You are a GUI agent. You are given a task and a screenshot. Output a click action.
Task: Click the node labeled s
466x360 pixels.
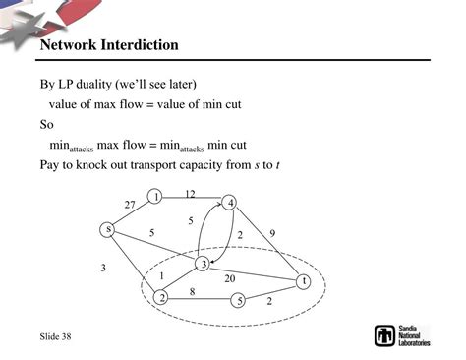point(108,229)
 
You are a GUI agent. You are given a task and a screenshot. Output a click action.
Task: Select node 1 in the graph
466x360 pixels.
point(155,197)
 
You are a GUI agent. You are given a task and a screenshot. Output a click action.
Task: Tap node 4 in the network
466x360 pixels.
point(230,204)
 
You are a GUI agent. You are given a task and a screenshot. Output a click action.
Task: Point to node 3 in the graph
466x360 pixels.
point(202,263)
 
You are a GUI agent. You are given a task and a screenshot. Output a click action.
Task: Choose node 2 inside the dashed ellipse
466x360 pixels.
point(162,297)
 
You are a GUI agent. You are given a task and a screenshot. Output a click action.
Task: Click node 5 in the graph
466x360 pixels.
point(239,300)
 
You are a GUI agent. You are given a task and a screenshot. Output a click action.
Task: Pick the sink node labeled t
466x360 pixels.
point(305,281)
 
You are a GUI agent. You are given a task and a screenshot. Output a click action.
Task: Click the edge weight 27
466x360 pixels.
point(130,204)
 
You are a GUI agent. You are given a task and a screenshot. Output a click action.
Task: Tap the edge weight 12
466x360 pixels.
point(190,194)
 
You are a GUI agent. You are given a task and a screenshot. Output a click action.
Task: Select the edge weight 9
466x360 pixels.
point(272,233)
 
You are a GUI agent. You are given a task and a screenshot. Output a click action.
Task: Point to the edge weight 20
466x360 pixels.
point(229,278)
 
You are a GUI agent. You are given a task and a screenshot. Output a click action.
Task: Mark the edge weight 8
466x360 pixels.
point(194,291)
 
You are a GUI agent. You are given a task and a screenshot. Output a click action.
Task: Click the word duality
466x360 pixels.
point(102,83)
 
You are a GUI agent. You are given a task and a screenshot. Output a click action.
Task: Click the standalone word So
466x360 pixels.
point(46,125)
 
